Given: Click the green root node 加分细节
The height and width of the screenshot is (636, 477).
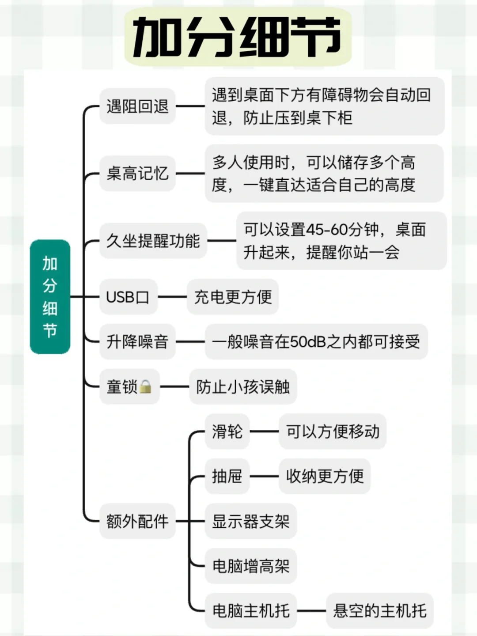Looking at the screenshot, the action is click(50, 297).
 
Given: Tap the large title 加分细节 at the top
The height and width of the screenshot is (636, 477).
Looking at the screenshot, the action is click(238, 37).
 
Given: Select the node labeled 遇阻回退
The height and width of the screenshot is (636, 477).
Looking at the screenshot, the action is click(137, 106).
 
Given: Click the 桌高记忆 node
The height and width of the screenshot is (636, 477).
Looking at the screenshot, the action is click(137, 174).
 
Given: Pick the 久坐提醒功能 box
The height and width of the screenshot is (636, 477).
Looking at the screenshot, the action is click(153, 241).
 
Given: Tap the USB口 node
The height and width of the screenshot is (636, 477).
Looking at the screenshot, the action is click(128, 297).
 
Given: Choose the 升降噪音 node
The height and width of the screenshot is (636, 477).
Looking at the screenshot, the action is click(137, 342).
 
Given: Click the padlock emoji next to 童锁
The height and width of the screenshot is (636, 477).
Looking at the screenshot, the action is click(145, 387).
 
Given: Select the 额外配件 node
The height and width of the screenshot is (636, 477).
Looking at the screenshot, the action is click(137, 522).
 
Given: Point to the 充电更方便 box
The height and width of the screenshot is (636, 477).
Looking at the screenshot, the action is click(233, 297).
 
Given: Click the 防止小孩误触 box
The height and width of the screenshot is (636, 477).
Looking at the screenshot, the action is click(243, 387).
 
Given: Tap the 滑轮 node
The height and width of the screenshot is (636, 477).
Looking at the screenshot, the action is click(227, 432).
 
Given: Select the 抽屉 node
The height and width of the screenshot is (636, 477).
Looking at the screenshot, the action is click(227, 477).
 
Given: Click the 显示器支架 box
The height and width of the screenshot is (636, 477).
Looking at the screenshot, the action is click(250, 522).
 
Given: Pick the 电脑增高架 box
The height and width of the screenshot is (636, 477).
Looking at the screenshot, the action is click(250, 566).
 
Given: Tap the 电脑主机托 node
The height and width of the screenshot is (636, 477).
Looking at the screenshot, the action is click(250, 611).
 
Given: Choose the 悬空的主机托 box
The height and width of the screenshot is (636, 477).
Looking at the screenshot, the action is click(380, 611).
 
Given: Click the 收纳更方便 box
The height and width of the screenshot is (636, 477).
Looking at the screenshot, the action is click(325, 477).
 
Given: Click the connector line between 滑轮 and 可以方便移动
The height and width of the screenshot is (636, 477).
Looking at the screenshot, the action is click(264, 432).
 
